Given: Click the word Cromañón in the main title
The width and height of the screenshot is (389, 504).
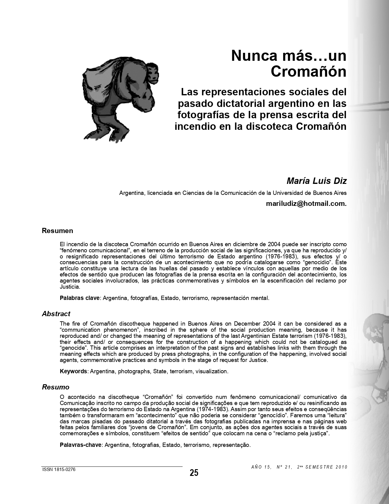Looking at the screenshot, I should [x=308, y=71].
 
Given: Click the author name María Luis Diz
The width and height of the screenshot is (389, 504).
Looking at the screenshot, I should [x=317, y=181].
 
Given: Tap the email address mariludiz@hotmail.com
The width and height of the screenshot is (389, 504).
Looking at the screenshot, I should [x=306, y=203].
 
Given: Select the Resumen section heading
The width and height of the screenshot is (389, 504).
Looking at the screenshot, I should [x=57, y=231].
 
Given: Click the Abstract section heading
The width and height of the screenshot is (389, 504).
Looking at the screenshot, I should [x=56, y=314].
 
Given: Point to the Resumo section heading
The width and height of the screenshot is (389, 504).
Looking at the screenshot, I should [x=56, y=387].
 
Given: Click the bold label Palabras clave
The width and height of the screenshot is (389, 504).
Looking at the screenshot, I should [x=80, y=298].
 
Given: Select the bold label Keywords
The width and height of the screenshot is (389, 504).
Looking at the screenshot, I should [x=73, y=371].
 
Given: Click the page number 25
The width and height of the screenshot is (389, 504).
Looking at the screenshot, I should [x=194, y=473].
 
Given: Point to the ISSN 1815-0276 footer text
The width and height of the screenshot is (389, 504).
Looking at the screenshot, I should [x=59, y=469].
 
